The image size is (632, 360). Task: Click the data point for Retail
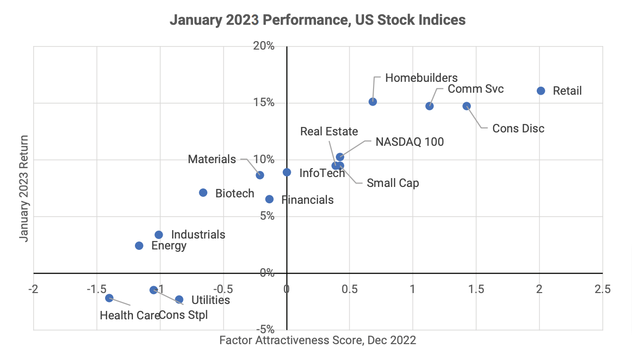pyautogui.click(x=541, y=91)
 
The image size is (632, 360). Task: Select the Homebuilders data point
pyautogui.click(x=373, y=102)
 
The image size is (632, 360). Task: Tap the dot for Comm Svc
pyautogui.click(x=430, y=106)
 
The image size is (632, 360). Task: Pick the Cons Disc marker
pyautogui.click(x=466, y=106)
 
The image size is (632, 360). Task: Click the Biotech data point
pyautogui.click(x=203, y=192)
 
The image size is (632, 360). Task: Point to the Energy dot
pyautogui.click(x=139, y=245)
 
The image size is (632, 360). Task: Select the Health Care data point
pyautogui.click(x=109, y=298)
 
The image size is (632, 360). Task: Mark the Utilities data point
pyautogui.click(x=179, y=300)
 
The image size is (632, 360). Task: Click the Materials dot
pyautogui.click(x=260, y=175)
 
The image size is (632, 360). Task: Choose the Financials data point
pyautogui.click(x=269, y=199)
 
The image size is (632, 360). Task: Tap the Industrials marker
pyautogui.click(x=159, y=235)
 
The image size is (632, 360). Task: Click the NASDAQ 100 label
pyautogui.click(x=409, y=142)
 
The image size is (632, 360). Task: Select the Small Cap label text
pyautogui.click(x=392, y=183)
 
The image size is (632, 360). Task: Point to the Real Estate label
pyautogui.click(x=329, y=131)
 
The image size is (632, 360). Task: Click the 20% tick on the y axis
pyautogui.click(x=265, y=46)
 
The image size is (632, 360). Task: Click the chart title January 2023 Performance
pyautogui.click(x=317, y=20)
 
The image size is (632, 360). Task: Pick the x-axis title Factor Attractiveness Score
pyautogui.click(x=317, y=340)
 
